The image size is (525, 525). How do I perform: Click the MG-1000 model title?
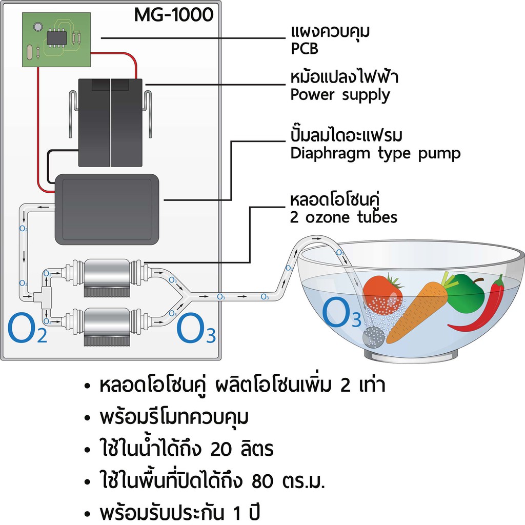point(173,15)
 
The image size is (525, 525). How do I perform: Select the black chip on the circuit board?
point(56,37)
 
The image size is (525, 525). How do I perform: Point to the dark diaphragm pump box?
point(107,207)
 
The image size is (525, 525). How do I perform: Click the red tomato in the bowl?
point(382,295)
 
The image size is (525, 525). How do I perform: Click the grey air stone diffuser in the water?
point(373,337)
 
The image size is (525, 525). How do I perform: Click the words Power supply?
point(340,95)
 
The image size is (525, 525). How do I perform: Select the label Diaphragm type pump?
point(375,153)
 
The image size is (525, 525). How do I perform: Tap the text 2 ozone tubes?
point(344,217)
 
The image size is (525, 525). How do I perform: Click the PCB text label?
point(304,49)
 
